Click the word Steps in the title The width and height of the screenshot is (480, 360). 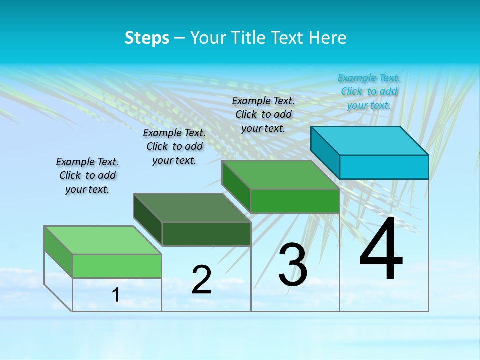coord(147,37)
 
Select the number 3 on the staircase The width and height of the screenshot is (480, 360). coord(293,265)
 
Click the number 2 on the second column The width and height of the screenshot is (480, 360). coord(201,280)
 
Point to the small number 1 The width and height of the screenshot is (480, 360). coord(116,295)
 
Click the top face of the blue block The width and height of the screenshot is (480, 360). coord(370,140)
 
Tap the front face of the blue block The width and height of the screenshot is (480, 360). coord(384,167)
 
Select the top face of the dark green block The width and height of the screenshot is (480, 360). coord(192,207)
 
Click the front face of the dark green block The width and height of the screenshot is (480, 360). coord(206,234)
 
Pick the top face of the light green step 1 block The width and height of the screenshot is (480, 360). coord(103,240)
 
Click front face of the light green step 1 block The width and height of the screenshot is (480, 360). coord(117,266)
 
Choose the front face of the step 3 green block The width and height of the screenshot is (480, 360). coord(295,201)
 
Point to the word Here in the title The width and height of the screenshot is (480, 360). coord(329,37)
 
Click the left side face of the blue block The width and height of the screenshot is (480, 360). coord(325,152)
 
